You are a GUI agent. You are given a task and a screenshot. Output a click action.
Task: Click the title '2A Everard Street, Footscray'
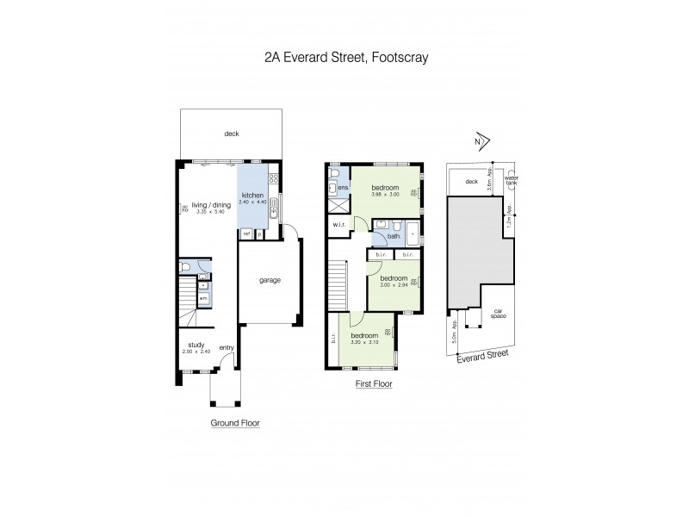pos(345,59)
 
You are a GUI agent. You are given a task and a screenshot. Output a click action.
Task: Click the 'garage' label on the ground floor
pos(270,280)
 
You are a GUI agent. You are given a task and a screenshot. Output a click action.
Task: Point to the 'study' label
pos(197,346)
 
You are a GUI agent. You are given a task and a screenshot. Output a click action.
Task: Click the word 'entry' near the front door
pos(227,347)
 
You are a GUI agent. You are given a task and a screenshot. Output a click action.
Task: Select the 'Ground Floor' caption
pos(235,423)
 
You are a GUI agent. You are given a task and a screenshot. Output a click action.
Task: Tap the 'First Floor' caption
pos(373,385)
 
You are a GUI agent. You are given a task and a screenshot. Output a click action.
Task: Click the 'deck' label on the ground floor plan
pos(231,134)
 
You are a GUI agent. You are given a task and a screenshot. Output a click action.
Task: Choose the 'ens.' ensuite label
pos(342,187)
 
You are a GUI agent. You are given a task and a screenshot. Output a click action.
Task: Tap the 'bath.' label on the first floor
pos(395,235)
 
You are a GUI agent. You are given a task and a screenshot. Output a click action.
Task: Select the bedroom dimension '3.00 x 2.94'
pos(394,285)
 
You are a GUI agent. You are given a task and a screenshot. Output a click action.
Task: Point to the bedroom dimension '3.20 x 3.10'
pos(364,342)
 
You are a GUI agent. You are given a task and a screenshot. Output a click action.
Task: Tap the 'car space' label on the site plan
pos(498,313)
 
